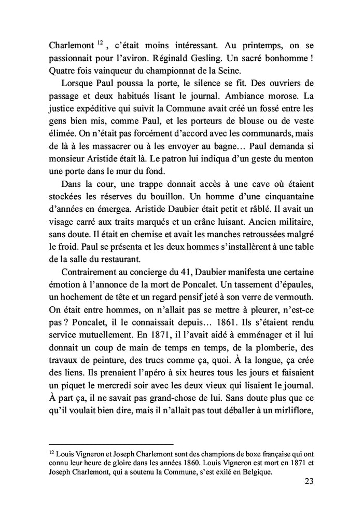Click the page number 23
pos(307,481)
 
